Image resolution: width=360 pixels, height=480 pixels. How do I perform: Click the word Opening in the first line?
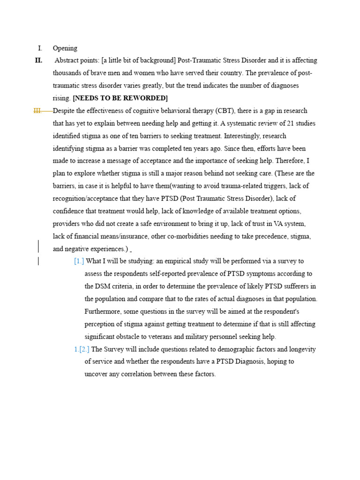point(65,48)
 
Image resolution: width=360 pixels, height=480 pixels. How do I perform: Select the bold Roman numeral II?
point(38,60)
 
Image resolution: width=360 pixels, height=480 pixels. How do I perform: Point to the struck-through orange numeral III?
point(38,111)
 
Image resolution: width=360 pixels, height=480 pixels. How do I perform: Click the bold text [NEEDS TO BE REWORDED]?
point(120,98)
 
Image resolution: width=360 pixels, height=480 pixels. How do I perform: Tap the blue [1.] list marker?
point(79,261)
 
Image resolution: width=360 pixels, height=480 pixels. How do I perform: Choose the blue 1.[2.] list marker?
point(82,349)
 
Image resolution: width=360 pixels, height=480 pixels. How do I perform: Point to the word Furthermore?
point(104,312)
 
